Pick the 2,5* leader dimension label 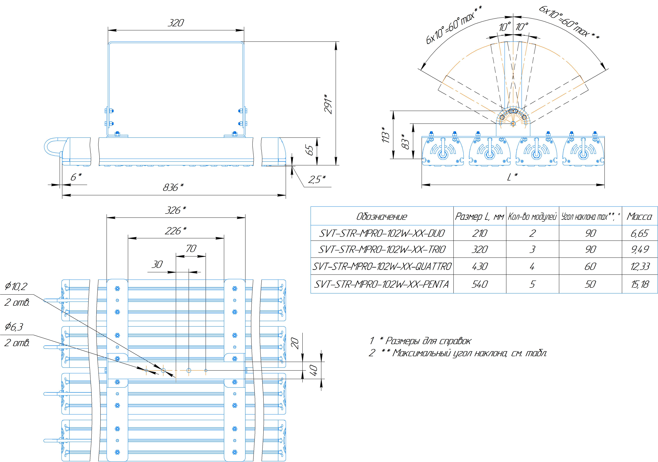(x=317, y=180)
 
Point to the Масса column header (x=639, y=217)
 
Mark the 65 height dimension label (x=310, y=150)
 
